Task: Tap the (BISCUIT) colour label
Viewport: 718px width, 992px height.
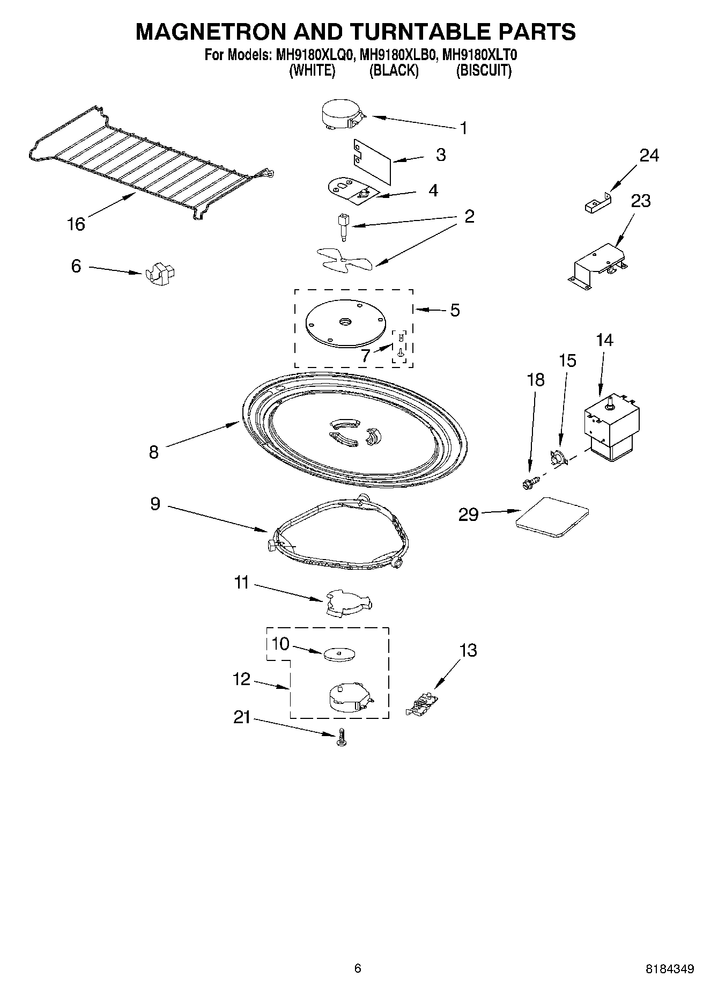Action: point(484,71)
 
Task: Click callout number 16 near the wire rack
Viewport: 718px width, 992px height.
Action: point(76,224)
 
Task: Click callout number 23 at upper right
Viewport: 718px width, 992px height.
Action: point(641,201)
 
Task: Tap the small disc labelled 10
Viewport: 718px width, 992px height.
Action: point(340,654)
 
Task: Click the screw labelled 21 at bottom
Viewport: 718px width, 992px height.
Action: point(341,738)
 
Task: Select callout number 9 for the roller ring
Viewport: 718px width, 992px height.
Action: point(155,504)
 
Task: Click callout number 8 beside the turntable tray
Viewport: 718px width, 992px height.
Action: point(154,452)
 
